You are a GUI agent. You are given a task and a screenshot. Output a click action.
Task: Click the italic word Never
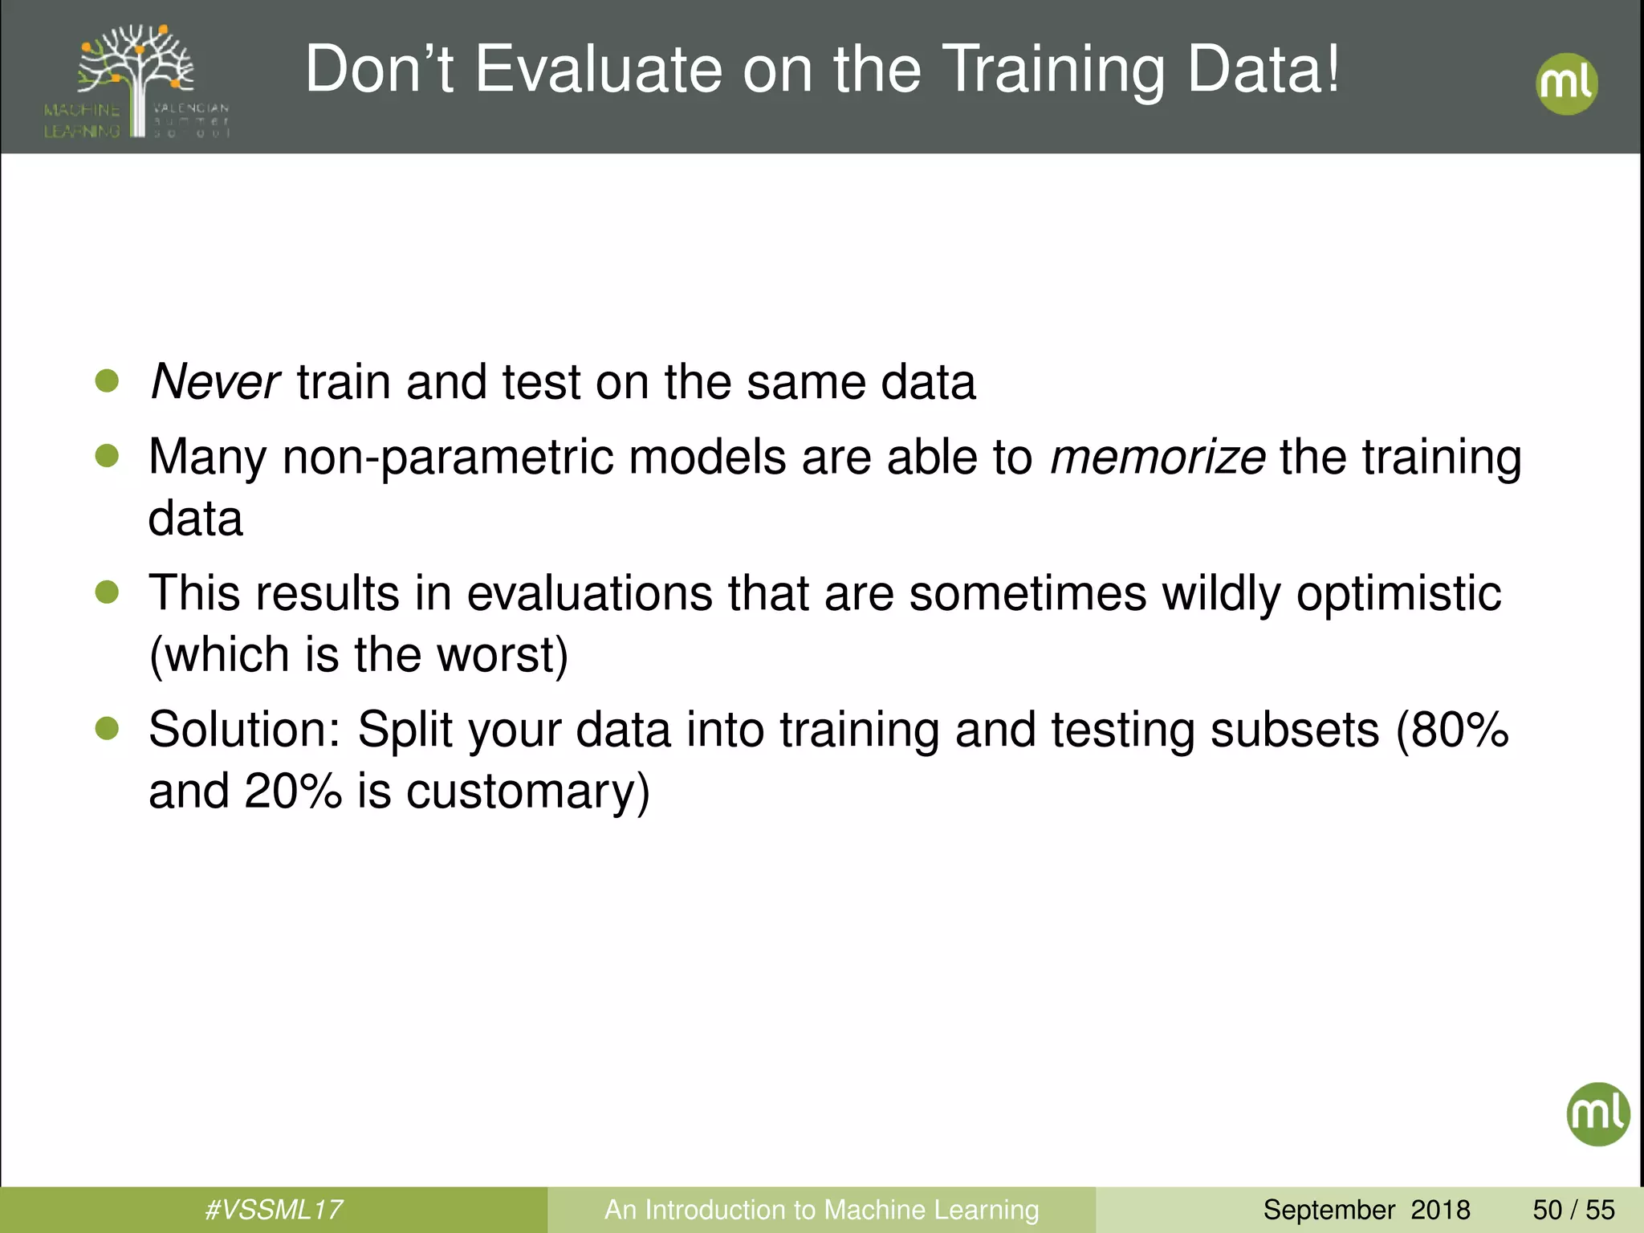click(x=214, y=382)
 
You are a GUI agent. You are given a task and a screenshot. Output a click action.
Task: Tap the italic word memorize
click(x=1157, y=458)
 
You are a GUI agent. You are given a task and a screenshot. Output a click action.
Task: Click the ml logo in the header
click(x=1566, y=84)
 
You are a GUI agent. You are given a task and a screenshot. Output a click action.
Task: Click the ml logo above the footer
click(x=1597, y=1113)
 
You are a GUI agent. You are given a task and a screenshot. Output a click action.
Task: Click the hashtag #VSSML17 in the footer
click(x=274, y=1210)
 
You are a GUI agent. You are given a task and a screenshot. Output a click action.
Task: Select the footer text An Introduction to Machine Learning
click(x=821, y=1210)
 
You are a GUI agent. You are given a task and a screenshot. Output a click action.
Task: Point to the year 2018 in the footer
click(x=1440, y=1210)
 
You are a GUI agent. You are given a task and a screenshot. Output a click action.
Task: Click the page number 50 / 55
click(x=1573, y=1210)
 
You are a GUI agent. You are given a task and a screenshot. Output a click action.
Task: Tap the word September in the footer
click(x=1329, y=1210)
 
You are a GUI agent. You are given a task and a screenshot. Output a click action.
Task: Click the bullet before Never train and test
click(x=107, y=380)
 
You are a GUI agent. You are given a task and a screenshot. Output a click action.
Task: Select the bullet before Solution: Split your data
click(x=107, y=729)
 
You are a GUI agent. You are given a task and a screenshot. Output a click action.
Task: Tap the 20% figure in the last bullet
click(x=293, y=791)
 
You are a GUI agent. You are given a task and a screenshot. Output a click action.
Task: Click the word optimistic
click(x=1398, y=594)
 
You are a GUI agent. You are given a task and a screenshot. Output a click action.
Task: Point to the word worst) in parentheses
click(x=502, y=655)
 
